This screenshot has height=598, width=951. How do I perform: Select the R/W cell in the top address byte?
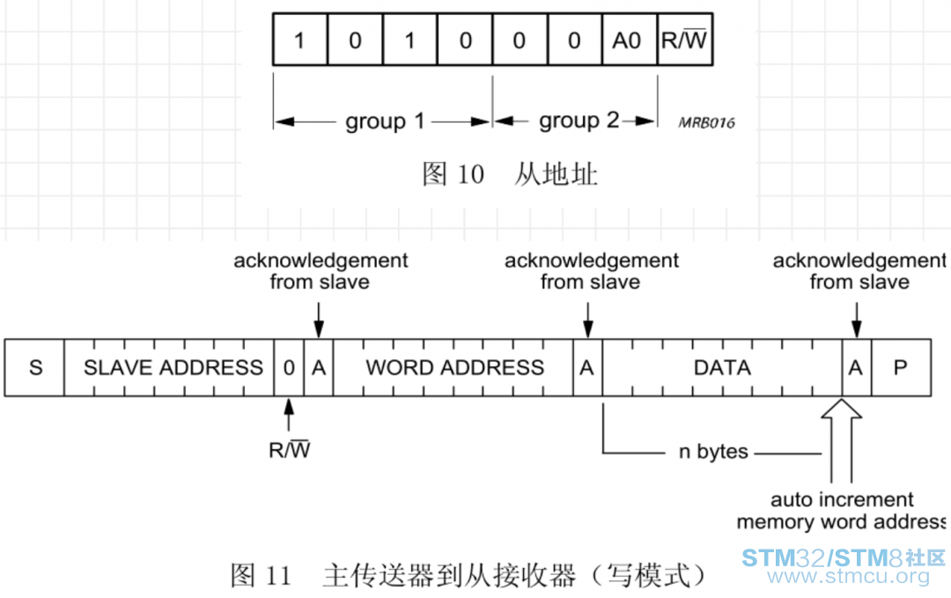(685, 40)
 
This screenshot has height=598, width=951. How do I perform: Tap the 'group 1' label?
(385, 122)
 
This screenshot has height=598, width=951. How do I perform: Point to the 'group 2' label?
(579, 121)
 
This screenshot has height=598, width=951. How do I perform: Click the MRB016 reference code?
(706, 123)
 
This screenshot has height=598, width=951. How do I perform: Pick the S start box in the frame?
(34, 367)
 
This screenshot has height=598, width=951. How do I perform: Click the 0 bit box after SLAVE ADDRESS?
(289, 367)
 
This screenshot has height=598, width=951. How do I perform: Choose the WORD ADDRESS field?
(453, 367)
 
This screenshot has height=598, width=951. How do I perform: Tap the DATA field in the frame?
(722, 367)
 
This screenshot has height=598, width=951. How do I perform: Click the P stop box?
(902, 367)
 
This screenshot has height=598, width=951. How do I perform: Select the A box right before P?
(857, 367)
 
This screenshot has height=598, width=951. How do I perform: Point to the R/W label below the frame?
(290, 450)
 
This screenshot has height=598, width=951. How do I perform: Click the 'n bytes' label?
(713, 452)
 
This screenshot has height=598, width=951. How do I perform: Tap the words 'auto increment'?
(842, 499)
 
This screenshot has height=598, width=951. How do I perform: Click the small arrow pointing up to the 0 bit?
(289, 415)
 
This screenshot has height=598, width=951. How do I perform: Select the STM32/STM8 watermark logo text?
(843, 557)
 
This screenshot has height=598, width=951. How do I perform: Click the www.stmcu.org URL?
(848, 576)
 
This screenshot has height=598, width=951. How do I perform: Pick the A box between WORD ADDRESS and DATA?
(587, 367)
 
